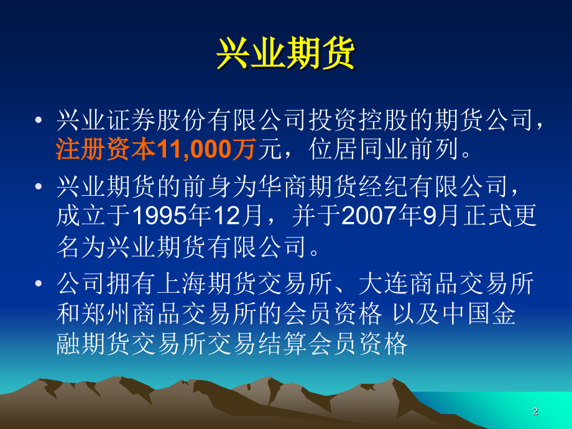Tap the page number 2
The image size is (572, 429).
(x=535, y=412)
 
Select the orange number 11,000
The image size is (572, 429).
(x=195, y=149)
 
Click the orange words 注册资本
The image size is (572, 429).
(x=106, y=149)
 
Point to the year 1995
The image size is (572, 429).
(x=159, y=216)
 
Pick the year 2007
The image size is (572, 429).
(x=370, y=216)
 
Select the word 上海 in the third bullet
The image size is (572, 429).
(x=182, y=284)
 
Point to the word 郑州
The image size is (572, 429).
(x=106, y=314)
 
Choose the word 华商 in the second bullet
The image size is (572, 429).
(x=283, y=187)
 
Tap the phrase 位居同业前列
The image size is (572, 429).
(x=383, y=149)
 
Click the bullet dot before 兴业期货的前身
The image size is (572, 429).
(x=39, y=187)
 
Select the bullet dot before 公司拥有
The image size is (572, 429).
(x=39, y=283)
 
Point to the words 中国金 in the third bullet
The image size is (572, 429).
(x=479, y=314)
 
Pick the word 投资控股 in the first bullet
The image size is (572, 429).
(x=358, y=120)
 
